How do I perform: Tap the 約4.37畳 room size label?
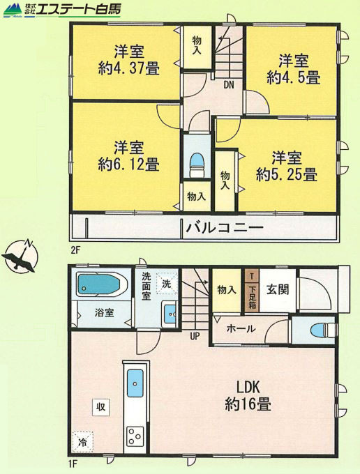128,69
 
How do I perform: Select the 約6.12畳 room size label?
128,165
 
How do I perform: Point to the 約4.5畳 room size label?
293,77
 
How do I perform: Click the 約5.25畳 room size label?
287,174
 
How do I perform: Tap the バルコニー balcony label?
225,228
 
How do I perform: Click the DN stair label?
229,85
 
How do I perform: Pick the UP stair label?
195,335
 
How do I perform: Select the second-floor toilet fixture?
197,165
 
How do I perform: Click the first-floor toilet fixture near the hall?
324,330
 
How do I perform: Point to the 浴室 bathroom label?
104,312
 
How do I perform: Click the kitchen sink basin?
135,383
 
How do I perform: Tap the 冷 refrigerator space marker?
82,442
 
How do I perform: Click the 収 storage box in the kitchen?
100,407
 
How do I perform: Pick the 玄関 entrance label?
278,289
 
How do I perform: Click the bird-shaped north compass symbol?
20,255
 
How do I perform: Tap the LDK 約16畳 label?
248,395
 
